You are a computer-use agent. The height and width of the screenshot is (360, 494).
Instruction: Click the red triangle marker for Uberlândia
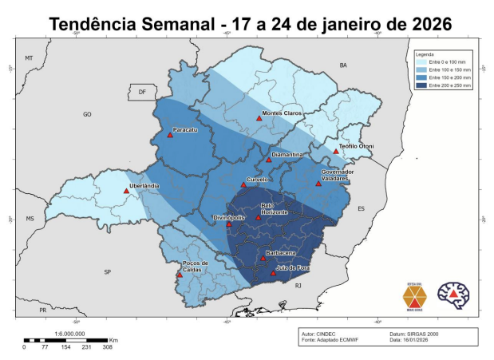click(126, 191)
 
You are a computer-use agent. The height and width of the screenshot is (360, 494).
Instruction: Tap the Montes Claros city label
click(283, 114)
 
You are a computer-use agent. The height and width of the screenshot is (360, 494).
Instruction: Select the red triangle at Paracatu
click(170, 135)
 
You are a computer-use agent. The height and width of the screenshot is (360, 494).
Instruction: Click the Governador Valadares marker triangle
click(318, 184)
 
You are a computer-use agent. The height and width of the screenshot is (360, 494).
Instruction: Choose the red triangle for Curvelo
click(244, 184)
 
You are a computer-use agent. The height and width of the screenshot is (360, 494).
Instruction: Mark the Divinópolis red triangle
click(229, 224)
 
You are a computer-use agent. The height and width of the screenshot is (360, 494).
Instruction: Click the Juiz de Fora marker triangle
click(273, 273)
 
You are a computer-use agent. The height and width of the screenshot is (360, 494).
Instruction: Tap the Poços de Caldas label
click(195, 266)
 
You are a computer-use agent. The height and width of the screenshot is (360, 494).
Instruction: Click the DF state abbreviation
click(142, 93)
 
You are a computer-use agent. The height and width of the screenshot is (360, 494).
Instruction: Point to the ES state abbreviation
click(360, 208)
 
